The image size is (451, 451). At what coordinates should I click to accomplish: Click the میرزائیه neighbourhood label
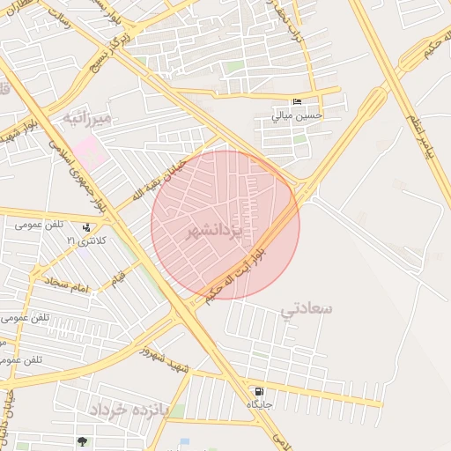[86, 117]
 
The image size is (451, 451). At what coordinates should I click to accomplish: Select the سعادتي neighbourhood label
[307, 309]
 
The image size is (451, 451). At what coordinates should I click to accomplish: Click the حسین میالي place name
[298, 115]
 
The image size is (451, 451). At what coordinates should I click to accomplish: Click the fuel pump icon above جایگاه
[258, 392]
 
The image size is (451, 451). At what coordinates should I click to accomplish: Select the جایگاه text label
[258, 404]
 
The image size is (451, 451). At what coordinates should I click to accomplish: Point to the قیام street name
[117, 279]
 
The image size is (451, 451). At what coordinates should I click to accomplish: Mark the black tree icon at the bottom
[82, 441]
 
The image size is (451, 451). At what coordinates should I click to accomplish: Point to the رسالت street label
[52, 31]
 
